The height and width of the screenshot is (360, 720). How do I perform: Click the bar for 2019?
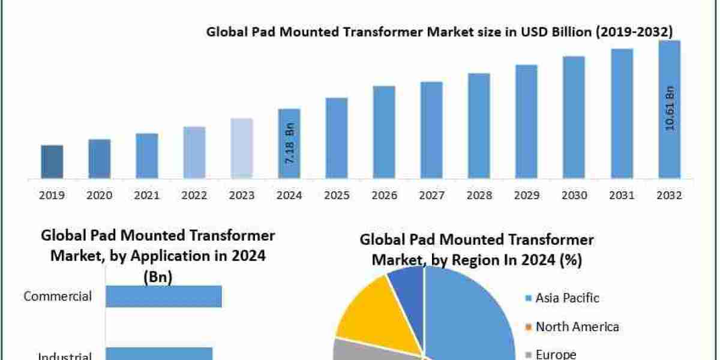52,161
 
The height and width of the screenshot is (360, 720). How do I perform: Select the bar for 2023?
242,148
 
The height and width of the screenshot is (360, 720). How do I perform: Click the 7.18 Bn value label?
289,145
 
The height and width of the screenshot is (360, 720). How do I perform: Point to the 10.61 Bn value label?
670,109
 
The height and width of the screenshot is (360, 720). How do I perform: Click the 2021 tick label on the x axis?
147,196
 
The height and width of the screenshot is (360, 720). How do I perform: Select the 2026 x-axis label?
384,196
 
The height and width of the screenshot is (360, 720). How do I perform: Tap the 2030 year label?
574,196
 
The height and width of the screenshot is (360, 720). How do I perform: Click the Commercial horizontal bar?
163,296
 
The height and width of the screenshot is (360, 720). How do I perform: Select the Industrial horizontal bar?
158,354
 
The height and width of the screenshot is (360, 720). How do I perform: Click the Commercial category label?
58,296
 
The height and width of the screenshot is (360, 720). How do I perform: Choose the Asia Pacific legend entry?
567,298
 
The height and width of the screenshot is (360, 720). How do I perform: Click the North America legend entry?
577,326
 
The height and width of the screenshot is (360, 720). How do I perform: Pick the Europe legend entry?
556,354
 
